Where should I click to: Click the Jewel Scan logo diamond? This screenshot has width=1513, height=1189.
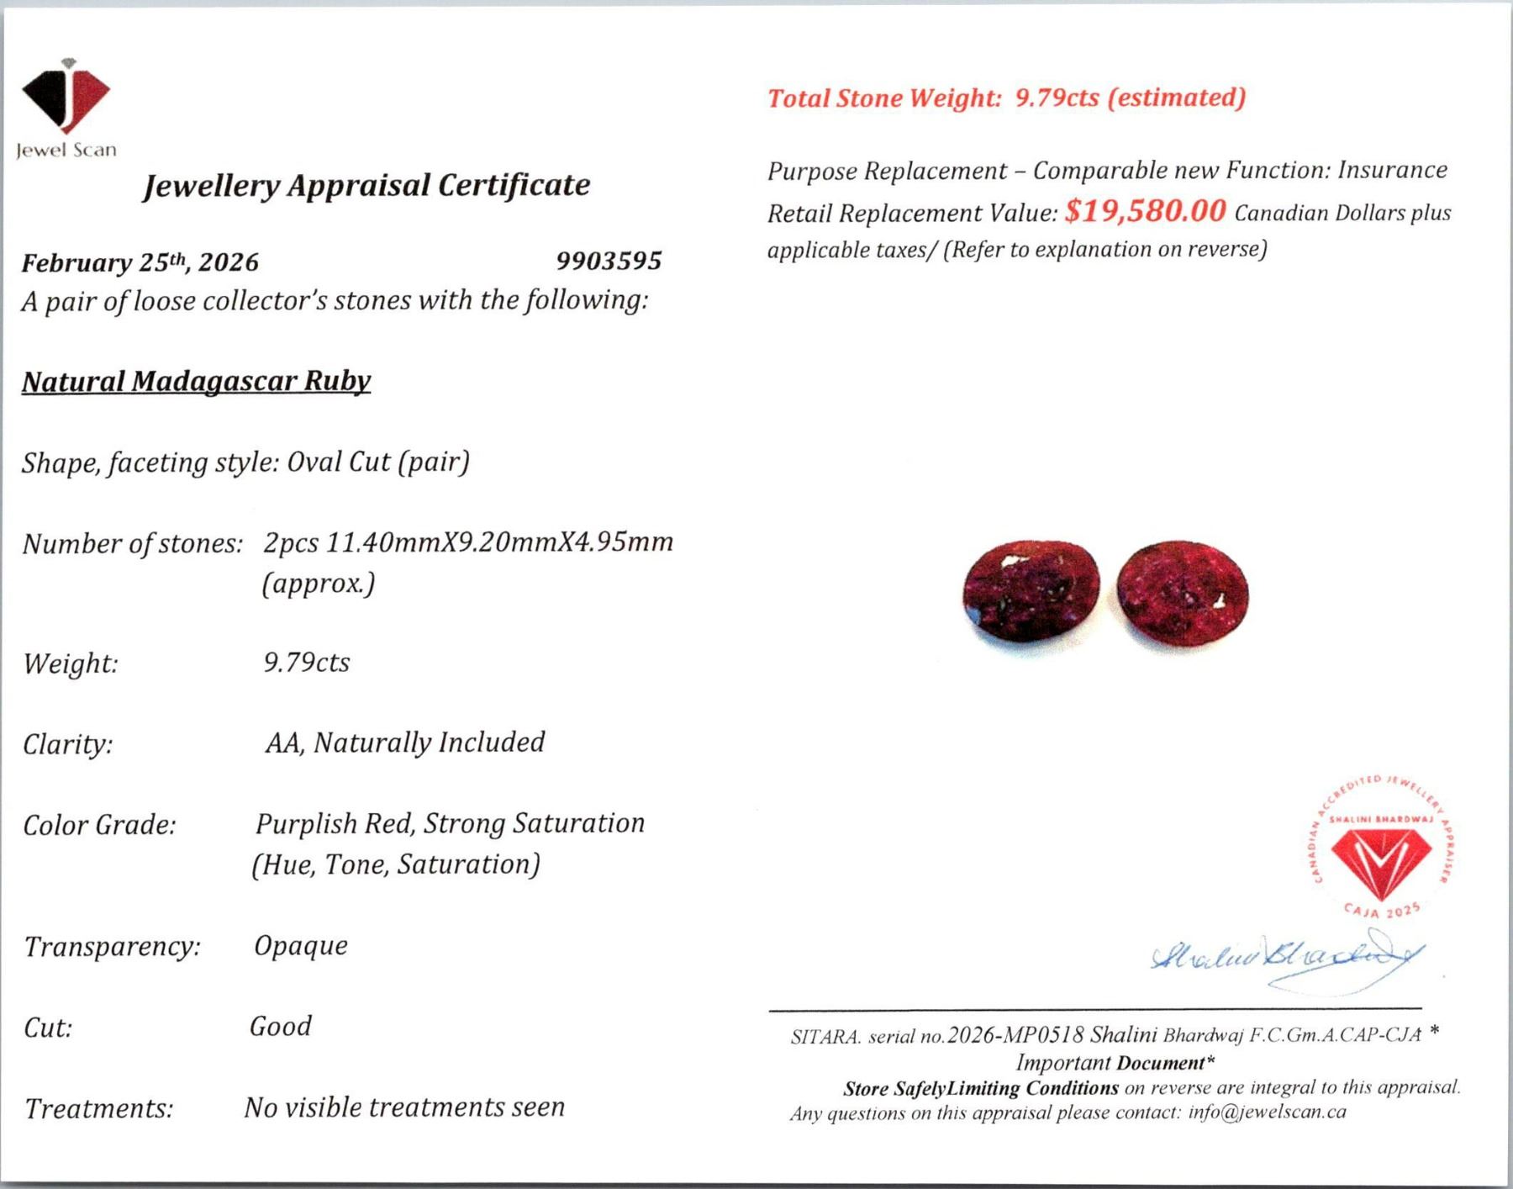(66, 98)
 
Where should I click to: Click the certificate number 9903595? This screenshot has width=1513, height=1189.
(609, 261)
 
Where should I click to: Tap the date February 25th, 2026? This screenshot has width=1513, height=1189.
(140, 262)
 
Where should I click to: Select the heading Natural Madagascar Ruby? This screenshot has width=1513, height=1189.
(196, 382)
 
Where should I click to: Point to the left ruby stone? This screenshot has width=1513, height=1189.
(1031, 591)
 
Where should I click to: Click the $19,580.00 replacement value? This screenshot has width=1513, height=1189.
(1145, 211)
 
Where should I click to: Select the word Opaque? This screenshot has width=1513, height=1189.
(301, 946)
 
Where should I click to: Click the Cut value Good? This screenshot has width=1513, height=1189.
(281, 1027)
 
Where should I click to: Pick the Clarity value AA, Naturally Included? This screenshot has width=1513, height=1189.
(405, 742)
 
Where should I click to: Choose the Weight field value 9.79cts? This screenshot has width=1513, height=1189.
(307, 663)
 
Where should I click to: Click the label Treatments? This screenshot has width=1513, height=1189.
(98, 1109)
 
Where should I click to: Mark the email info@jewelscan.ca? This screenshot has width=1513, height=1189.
(1267, 1112)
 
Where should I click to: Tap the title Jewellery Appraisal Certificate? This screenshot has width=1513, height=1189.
(366, 185)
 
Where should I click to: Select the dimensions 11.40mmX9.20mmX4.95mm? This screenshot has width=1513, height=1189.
(499, 542)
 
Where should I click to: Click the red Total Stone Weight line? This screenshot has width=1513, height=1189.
(1006, 98)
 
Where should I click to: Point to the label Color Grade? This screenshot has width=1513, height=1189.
(99, 826)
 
